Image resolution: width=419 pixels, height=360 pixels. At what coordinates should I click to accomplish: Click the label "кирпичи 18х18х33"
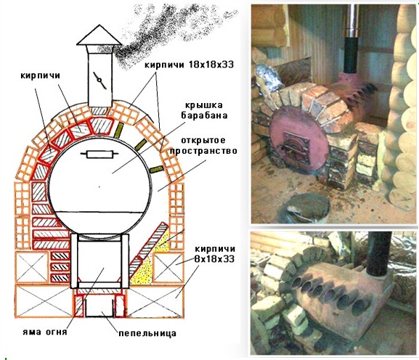point(190,65)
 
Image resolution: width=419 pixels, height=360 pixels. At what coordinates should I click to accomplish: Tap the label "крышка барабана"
point(205,110)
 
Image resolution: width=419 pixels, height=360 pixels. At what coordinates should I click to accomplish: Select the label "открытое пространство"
point(203,145)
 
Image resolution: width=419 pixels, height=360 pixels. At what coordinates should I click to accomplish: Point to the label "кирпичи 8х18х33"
point(214,254)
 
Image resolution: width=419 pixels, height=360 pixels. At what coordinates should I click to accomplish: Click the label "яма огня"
point(44,332)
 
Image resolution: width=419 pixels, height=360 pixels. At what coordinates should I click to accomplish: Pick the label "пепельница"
point(147,333)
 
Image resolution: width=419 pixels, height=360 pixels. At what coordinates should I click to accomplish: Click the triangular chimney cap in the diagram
point(99,35)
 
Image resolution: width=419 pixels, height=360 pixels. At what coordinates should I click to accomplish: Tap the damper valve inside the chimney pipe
point(99,81)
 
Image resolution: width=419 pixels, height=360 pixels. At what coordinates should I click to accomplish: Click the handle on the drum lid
point(99,154)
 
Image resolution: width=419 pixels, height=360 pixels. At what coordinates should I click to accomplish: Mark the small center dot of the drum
point(99,187)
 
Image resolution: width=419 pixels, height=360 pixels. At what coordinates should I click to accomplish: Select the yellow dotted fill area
point(147,263)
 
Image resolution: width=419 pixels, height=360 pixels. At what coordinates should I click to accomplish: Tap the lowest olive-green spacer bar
point(156,169)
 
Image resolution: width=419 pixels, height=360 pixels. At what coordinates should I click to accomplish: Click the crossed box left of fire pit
point(32,267)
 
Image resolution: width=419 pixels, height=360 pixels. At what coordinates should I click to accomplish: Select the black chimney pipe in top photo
point(351,55)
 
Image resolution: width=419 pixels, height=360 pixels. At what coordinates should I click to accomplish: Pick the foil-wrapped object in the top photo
point(269,78)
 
